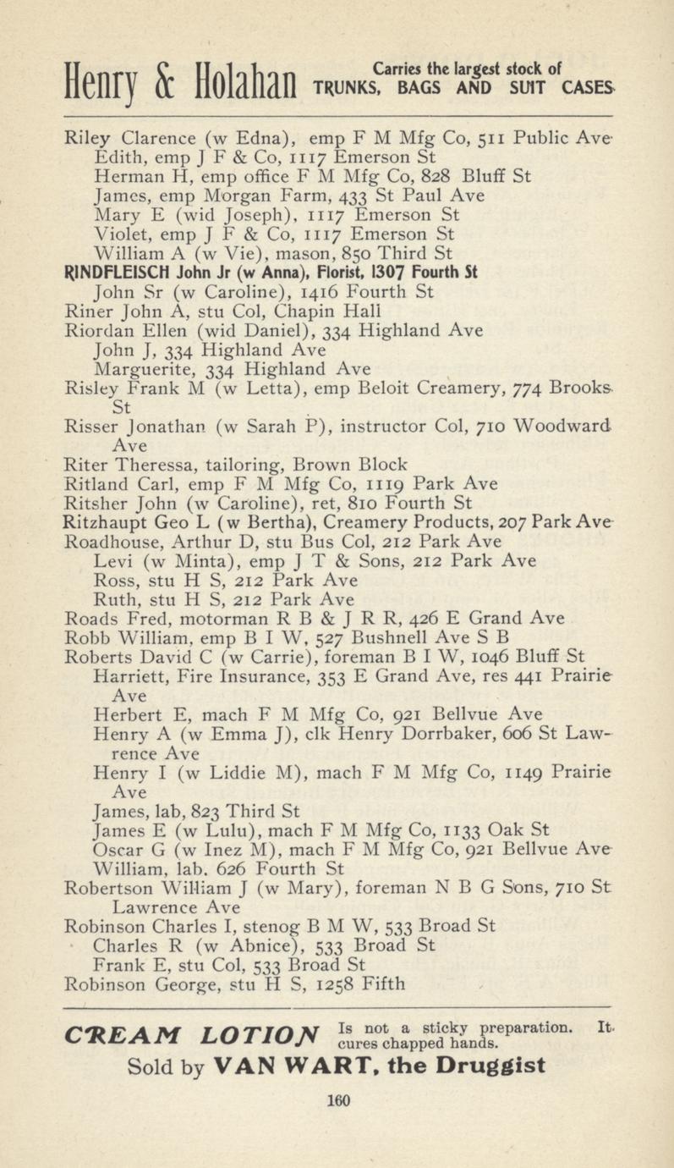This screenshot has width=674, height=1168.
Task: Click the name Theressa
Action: [143, 465]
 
